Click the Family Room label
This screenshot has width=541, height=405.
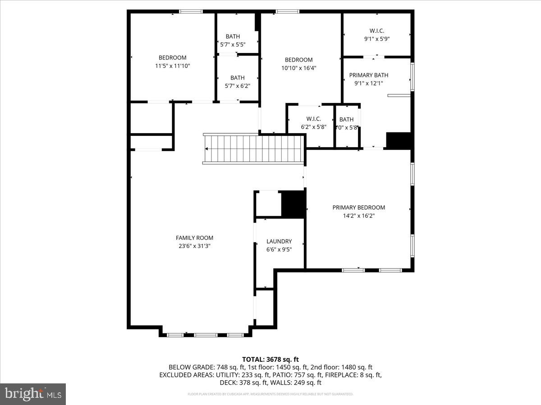194,238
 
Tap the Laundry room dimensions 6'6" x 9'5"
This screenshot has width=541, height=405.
279,249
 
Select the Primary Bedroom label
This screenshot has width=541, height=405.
358,207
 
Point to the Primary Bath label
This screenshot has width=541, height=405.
368,75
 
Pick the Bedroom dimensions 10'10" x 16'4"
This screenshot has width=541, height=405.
298,68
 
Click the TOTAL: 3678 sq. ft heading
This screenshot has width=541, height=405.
270,359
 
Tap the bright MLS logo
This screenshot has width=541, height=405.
33,394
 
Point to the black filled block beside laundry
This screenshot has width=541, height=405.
293,204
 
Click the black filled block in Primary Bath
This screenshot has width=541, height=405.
399,140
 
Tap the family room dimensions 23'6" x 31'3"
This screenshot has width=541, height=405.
194,246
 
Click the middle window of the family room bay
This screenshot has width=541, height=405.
206,335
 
